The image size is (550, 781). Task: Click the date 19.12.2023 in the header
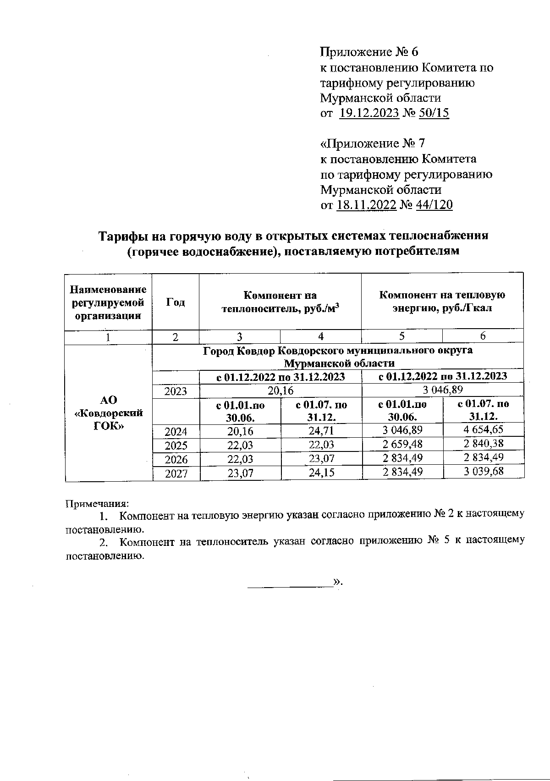(x=369, y=113)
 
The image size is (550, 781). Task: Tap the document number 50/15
(x=434, y=113)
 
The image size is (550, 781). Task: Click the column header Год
(x=176, y=302)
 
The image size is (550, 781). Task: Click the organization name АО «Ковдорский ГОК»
(x=109, y=412)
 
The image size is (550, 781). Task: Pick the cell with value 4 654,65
(x=484, y=430)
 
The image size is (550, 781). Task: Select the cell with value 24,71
(x=321, y=431)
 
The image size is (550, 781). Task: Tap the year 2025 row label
(x=176, y=445)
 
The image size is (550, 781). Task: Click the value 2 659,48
(x=402, y=445)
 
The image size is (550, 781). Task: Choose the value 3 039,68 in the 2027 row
(x=484, y=472)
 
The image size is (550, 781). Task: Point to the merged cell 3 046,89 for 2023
(x=443, y=390)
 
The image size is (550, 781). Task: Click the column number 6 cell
(x=483, y=336)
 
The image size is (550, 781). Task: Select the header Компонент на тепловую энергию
(x=442, y=301)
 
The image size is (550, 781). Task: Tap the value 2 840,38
(x=484, y=444)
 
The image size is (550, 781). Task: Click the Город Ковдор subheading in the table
(x=338, y=357)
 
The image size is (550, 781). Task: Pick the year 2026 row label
(x=176, y=459)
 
